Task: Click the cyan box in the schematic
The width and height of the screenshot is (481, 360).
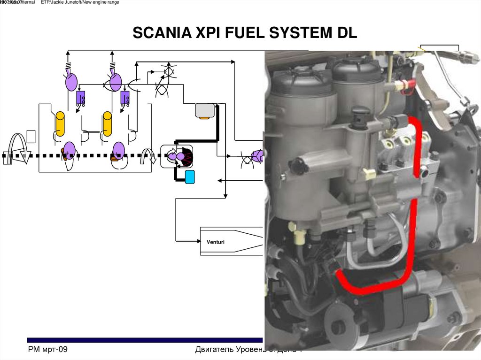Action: point(190,177)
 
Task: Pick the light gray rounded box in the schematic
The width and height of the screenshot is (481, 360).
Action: point(204,110)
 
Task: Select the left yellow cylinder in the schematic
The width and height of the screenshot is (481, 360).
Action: point(60,124)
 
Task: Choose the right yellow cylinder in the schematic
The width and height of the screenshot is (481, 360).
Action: point(108,124)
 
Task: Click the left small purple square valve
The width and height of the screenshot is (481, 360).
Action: point(81,98)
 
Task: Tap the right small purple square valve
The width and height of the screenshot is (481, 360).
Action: point(125,98)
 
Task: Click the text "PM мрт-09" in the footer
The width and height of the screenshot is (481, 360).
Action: point(48,350)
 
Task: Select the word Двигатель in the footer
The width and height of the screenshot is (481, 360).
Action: point(217,350)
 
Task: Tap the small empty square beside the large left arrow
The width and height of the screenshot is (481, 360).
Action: point(31,136)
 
